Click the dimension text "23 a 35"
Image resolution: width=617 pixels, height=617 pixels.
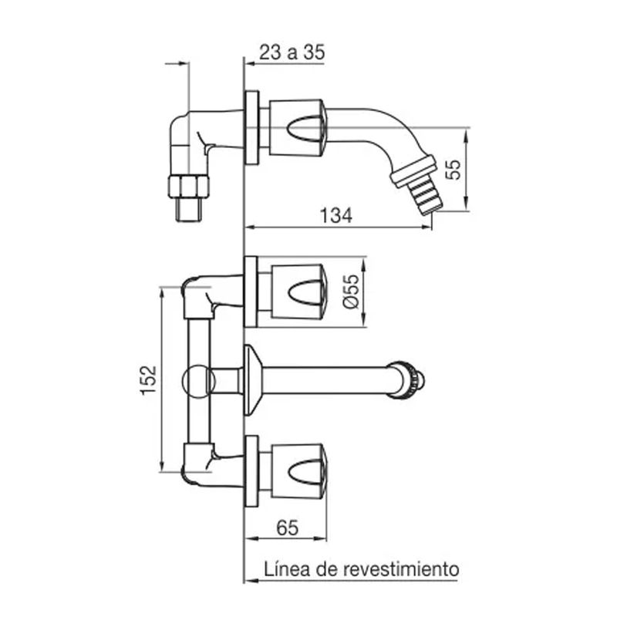pyautogui.click(x=292, y=52)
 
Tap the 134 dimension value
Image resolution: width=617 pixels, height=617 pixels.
pyautogui.click(x=336, y=216)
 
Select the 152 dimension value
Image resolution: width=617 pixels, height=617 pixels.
pyautogui.click(x=149, y=379)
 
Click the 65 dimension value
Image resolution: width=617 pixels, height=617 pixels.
pyautogui.click(x=287, y=528)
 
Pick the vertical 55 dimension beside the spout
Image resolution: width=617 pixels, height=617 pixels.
pyautogui.click(x=454, y=169)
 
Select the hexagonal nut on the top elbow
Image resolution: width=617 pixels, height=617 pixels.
pyautogui.click(x=188, y=186)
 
